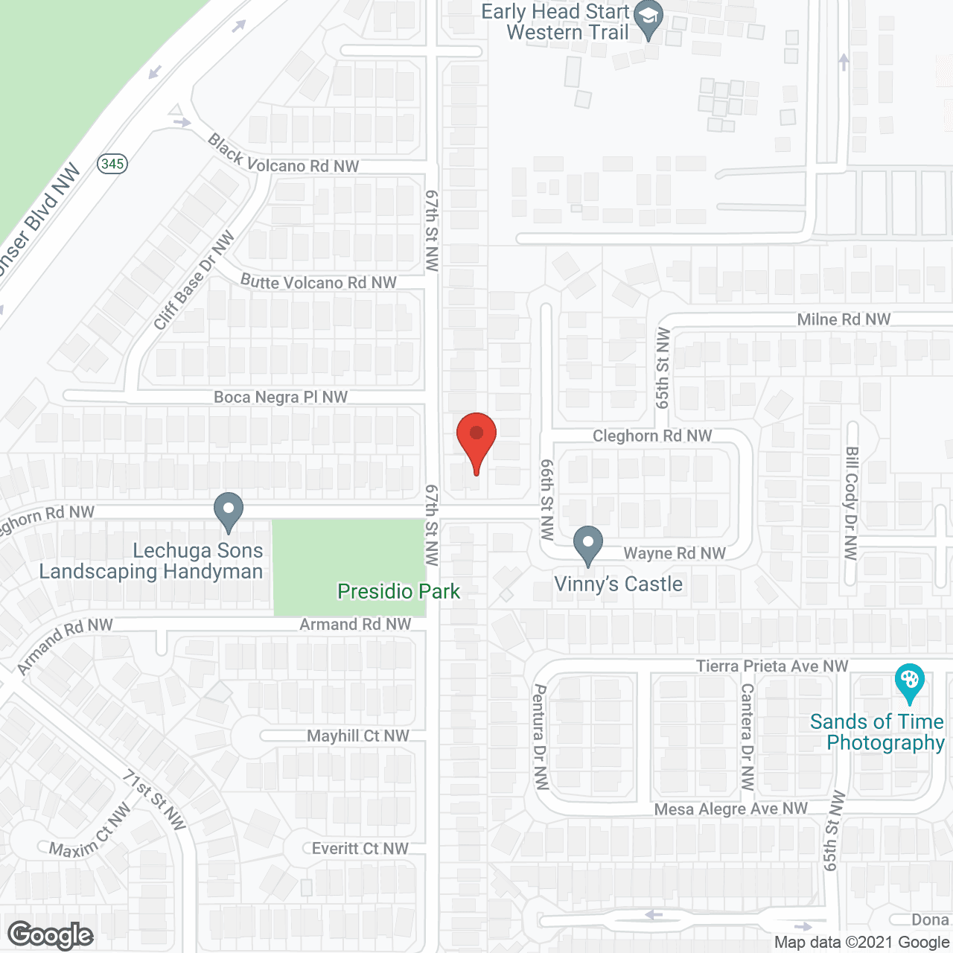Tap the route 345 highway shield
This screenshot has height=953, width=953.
point(112,164)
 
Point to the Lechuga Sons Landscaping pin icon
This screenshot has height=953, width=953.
point(229,511)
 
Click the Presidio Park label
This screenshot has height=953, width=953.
point(398,592)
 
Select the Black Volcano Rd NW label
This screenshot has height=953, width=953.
point(283,156)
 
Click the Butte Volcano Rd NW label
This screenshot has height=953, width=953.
point(319,282)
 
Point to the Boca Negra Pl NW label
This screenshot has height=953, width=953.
point(281,398)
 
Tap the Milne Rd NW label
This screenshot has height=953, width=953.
point(844,319)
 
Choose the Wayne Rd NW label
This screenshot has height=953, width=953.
point(675,553)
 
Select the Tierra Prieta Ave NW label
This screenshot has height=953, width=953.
point(772,666)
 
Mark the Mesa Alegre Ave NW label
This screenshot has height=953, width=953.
point(730,809)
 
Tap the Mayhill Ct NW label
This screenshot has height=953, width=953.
point(358,736)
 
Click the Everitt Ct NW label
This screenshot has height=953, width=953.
point(360,849)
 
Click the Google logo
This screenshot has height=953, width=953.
point(51,935)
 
